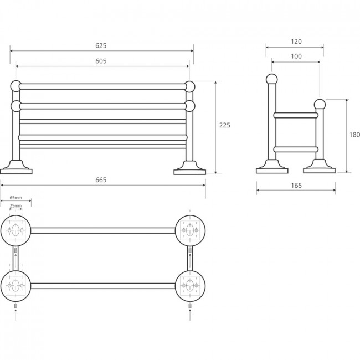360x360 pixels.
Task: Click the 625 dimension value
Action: pyautogui.click(x=101, y=45)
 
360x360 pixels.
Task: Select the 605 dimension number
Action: pyautogui.click(x=101, y=61)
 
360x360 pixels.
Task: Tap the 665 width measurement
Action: pyautogui.click(x=101, y=180)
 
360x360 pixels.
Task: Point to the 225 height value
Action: pyautogui.click(x=225, y=125)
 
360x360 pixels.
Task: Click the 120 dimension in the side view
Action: pyautogui.click(x=296, y=42)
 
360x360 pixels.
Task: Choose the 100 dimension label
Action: pyautogui.click(x=296, y=56)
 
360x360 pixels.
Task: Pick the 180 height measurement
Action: pyautogui.click(x=354, y=135)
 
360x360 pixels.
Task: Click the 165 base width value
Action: pyautogui.click(x=296, y=186)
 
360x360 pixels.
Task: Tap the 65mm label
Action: pyautogui.click(x=16, y=198)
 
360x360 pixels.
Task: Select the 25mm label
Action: pyautogui.click(x=16, y=205)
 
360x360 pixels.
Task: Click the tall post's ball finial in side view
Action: pyautogui.click(x=272, y=79)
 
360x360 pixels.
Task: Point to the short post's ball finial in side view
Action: pyautogui.click(x=320, y=105)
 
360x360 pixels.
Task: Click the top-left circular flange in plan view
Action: pyautogui.click(x=16, y=230)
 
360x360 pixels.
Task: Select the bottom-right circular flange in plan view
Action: pyautogui.click(x=190, y=286)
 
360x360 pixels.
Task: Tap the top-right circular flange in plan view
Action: pyautogui.click(x=190, y=230)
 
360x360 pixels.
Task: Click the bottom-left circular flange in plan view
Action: pyautogui.click(x=16, y=286)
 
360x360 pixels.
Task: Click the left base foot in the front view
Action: pyautogui.click(x=16, y=168)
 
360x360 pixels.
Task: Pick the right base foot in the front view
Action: pyautogui.click(x=189, y=168)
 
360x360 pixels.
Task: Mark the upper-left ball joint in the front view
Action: pyautogui.click(x=16, y=86)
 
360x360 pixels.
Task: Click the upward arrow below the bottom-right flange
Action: pyautogui.click(x=190, y=315)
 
